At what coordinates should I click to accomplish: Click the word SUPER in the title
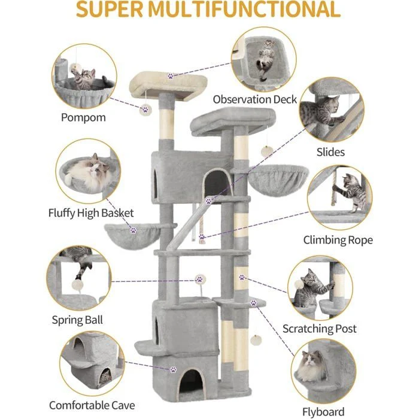[x=110, y=10]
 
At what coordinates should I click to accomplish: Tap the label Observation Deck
[x=254, y=99]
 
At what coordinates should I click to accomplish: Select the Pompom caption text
[x=83, y=117]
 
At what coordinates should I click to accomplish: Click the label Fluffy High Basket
[x=91, y=213]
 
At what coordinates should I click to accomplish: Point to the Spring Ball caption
[x=77, y=320]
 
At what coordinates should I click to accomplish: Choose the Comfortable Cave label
[x=92, y=405]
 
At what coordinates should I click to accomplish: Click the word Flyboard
[x=323, y=412]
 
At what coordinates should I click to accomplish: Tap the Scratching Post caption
[x=319, y=329]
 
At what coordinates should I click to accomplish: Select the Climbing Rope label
[x=338, y=240]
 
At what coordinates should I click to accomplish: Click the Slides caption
[x=330, y=152]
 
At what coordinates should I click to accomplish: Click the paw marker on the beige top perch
[x=171, y=76]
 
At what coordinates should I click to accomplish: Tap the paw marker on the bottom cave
[x=174, y=369]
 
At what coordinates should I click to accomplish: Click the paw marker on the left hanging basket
[x=133, y=230]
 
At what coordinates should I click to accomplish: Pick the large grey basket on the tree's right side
[x=278, y=177]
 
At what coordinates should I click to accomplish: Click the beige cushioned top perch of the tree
[x=168, y=85]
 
